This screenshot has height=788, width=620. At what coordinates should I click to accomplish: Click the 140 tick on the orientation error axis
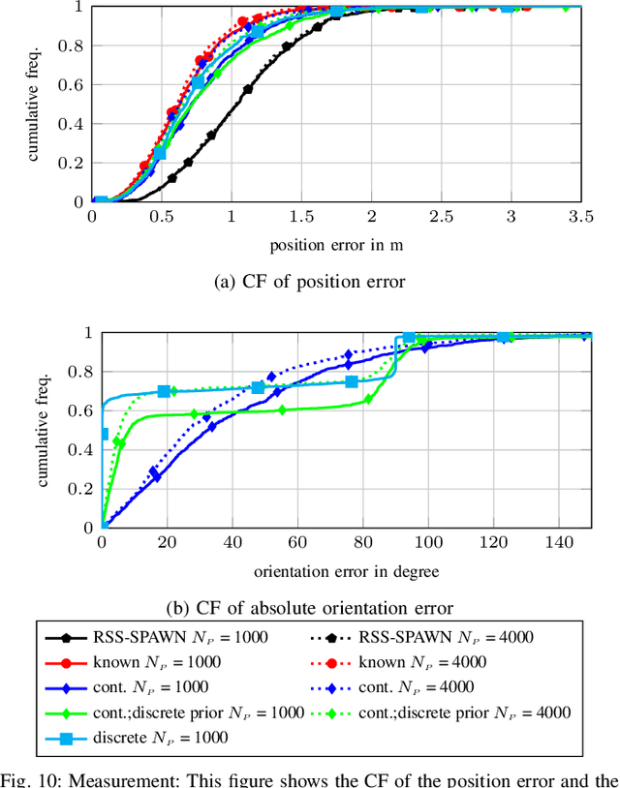559,545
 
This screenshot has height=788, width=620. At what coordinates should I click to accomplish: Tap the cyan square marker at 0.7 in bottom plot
164,391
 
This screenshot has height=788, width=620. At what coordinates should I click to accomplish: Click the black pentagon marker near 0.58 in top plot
248,89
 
